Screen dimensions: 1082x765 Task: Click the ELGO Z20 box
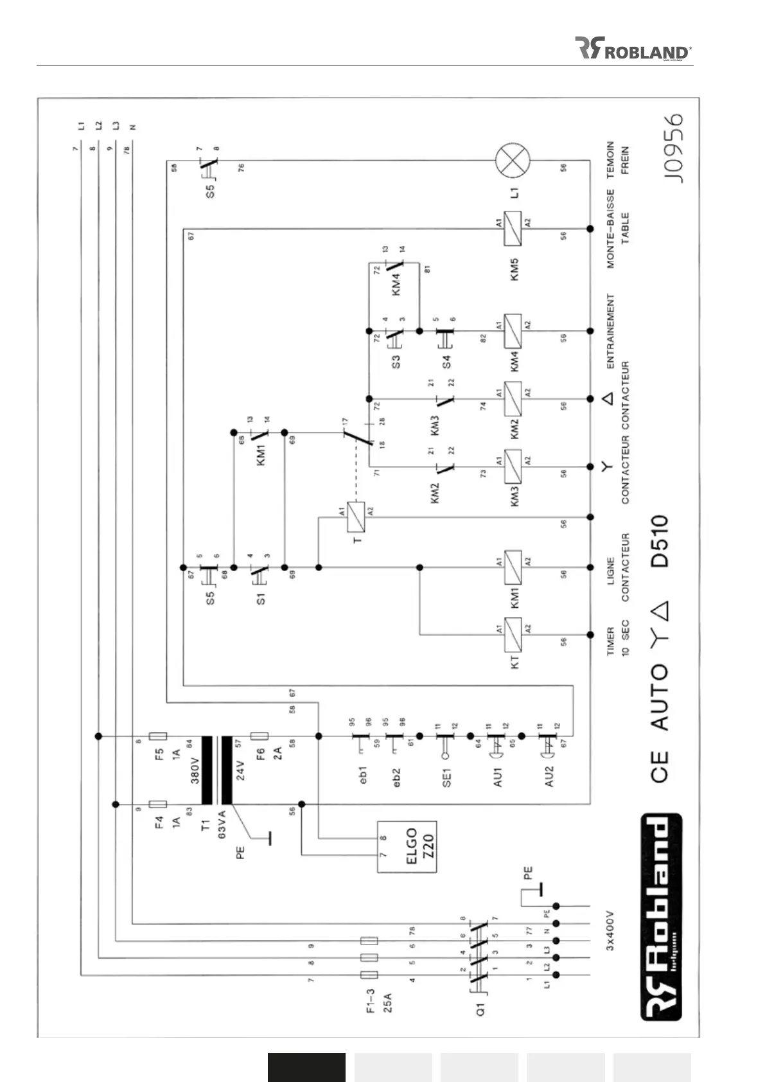407,846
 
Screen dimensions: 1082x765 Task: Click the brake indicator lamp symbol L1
513,160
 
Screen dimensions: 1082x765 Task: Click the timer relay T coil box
356,517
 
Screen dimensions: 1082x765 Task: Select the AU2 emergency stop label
549,776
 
